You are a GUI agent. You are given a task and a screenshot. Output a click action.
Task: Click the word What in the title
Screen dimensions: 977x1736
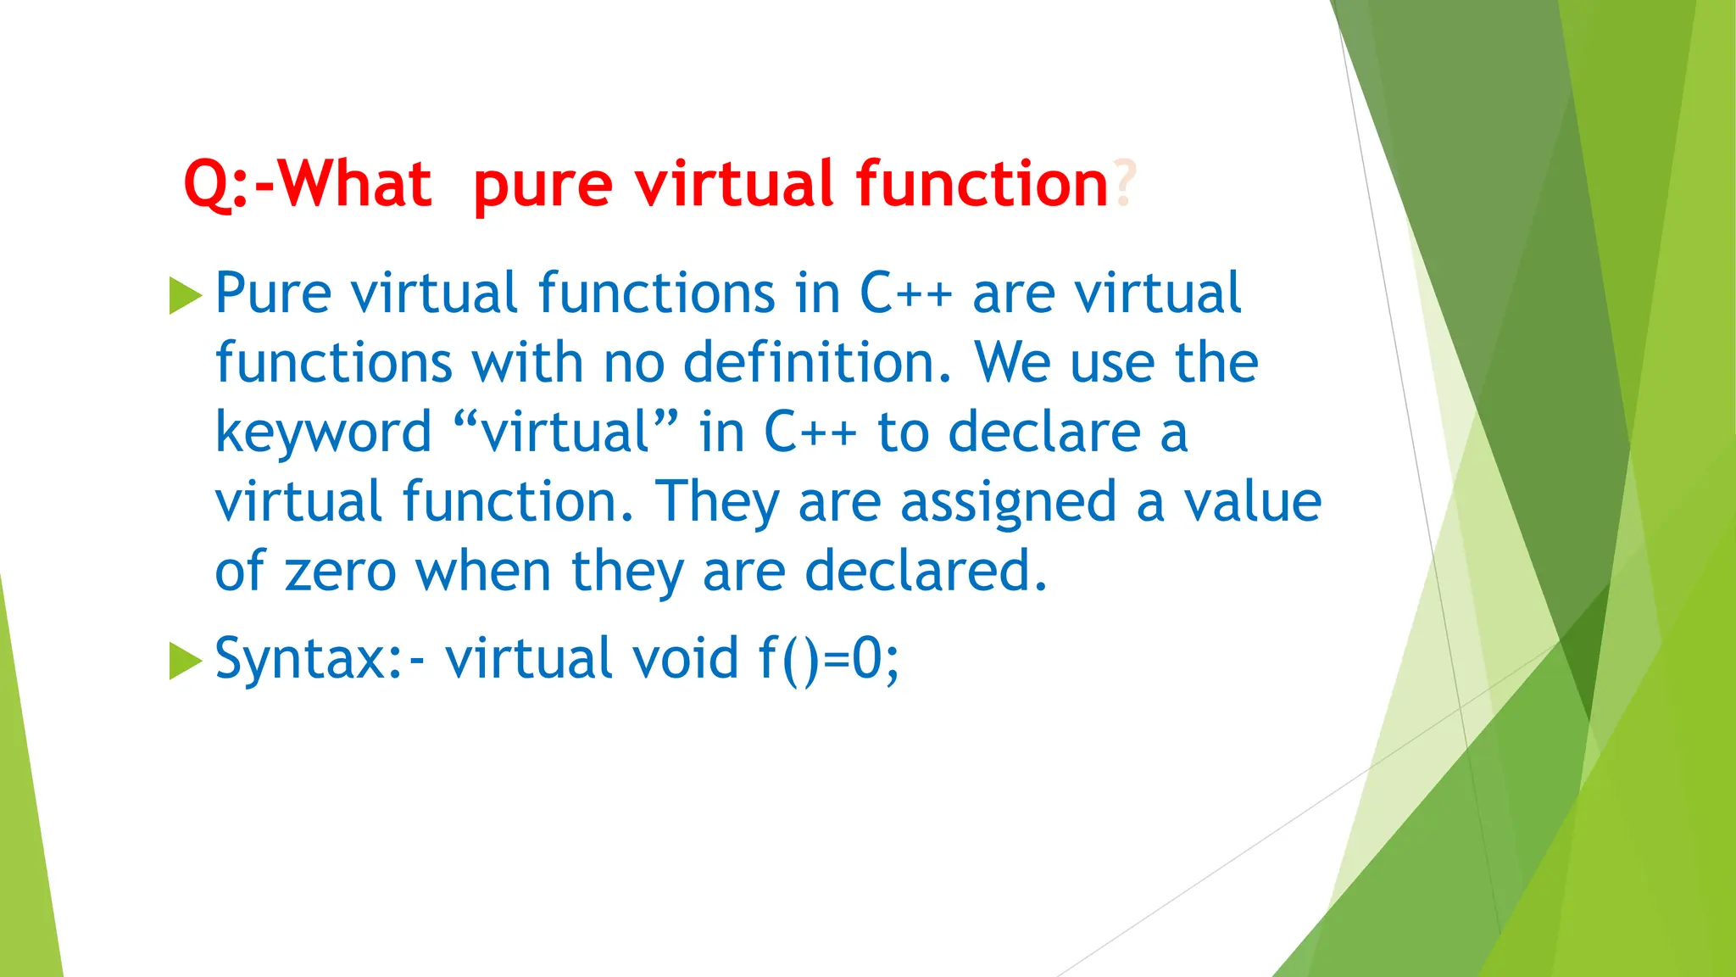click(x=356, y=184)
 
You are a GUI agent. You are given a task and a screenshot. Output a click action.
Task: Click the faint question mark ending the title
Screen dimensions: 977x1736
click(x=1123, y=184)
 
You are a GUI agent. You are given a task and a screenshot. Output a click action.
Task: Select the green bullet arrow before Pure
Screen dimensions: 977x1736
click(x=186, y=295)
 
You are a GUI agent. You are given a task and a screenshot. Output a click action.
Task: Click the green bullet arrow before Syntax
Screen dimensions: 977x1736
click(x=186, y=661)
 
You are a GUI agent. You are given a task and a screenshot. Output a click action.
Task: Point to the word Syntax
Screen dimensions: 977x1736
click(x=300, y=659)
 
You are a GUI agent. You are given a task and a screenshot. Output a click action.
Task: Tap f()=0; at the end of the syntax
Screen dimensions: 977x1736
click(x=828, y=659)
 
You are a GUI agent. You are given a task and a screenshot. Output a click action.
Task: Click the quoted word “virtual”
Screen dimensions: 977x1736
click(x=565, y=433)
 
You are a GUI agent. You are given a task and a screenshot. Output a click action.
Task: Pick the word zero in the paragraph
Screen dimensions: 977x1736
click(x=340, y=572)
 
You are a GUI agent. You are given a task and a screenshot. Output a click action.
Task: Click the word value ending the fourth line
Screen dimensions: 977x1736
click(x=1252, y=502)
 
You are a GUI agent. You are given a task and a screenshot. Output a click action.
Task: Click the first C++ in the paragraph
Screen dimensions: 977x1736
click(x=905, y=293)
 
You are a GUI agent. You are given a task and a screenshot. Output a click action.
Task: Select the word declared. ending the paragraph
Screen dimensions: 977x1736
click(x=926, y=572)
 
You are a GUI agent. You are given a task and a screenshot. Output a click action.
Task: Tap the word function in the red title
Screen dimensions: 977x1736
click(x=982, y=184)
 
